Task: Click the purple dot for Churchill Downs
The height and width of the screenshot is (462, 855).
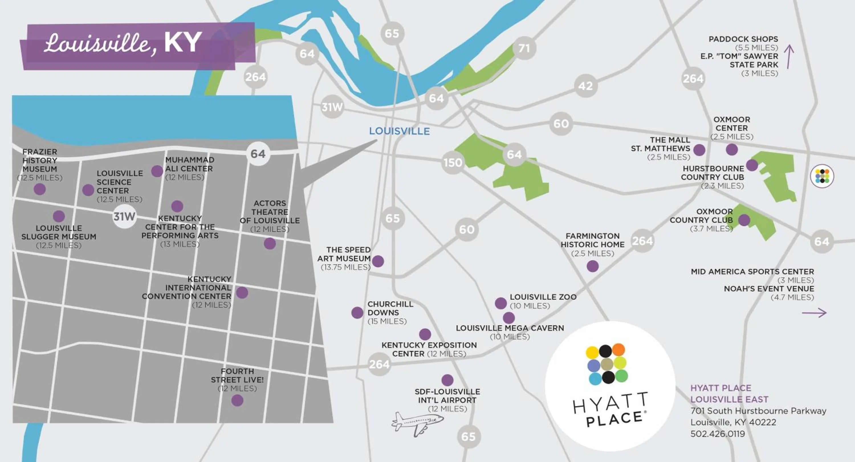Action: tap(357, 312)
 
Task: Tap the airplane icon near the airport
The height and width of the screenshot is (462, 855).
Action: tap(417, 424)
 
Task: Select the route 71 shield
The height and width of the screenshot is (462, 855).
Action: tap(524, 48)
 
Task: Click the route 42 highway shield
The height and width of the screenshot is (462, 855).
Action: tap(585, 86)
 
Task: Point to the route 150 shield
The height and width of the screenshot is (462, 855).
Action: tap(453, 163)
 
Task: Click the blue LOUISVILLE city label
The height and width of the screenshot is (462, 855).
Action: tap(399, 131)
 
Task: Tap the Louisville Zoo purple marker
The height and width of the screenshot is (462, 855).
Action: tap(500, 303)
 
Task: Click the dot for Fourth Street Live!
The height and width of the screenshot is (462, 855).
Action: tap(237, 400)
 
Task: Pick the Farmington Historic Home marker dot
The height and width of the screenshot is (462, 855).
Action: tap(593, 266)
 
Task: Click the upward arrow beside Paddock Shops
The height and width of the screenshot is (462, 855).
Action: tap(789, 57)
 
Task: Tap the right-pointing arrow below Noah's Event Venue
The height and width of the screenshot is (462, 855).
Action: tap(814, 313)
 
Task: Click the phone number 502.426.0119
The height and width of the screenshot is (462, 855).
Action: tap(718, 434)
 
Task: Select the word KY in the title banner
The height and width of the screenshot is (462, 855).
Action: tap(183, 42)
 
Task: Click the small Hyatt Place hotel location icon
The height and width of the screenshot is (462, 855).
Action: tap(822, 176)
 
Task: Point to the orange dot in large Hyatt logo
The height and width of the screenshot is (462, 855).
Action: tap(618, 349)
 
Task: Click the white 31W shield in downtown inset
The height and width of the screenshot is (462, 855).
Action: tap(124, 216)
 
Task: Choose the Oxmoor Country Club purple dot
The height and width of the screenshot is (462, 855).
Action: tap(744, 220)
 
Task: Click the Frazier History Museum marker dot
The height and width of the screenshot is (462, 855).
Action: tap(40, 189)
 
